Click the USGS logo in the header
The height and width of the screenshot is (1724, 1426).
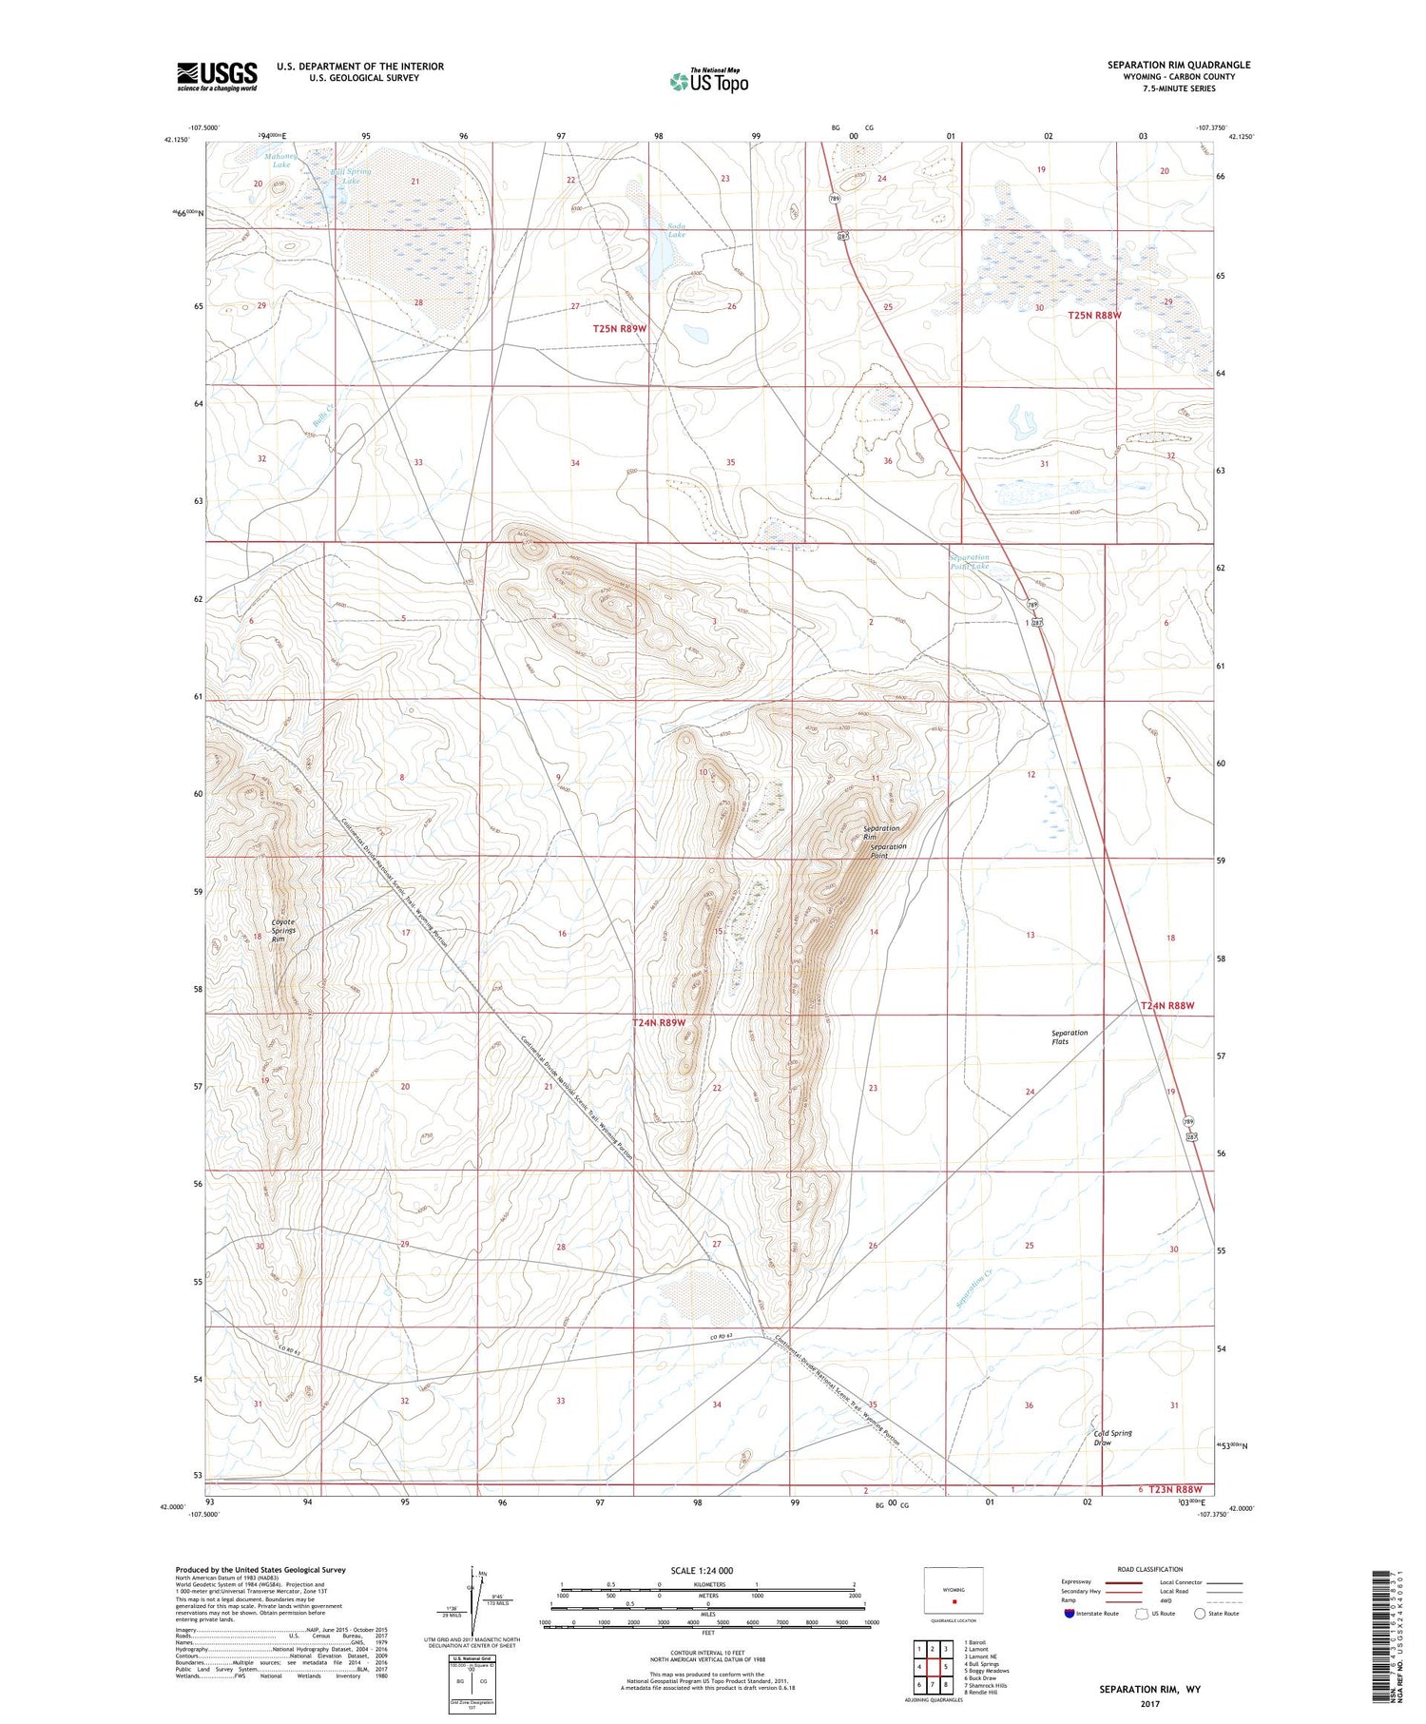[217, 75]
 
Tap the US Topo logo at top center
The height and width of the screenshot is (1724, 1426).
[709, 82]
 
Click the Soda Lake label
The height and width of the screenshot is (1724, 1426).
[676, 230]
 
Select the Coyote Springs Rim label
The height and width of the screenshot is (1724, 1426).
[282, 930]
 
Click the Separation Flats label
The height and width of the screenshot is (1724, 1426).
[1069, 1036]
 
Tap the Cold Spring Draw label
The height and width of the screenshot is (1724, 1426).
[1112, 1438]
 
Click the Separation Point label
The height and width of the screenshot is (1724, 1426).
[888, 850]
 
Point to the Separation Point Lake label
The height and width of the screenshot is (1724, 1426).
[969, 561]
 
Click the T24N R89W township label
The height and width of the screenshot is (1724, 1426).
[659, 1022]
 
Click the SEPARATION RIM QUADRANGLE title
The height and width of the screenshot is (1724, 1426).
[1178, 65]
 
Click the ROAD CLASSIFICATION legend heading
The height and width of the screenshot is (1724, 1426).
[1150, 1569]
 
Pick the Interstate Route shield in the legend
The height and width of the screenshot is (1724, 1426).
[1069, 1614]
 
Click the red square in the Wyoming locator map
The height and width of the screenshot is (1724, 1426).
[954, 1599]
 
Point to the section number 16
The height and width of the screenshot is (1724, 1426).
[562, 934]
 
